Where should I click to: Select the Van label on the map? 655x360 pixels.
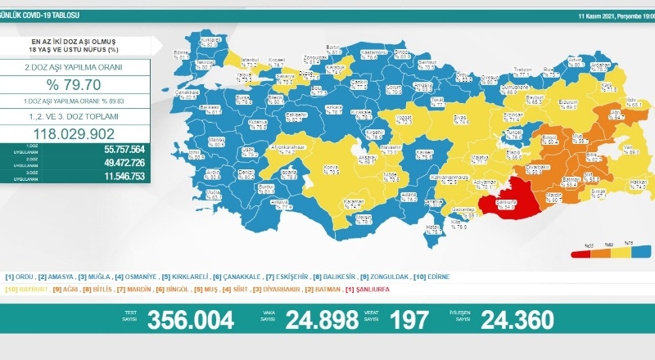click(633, 148)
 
